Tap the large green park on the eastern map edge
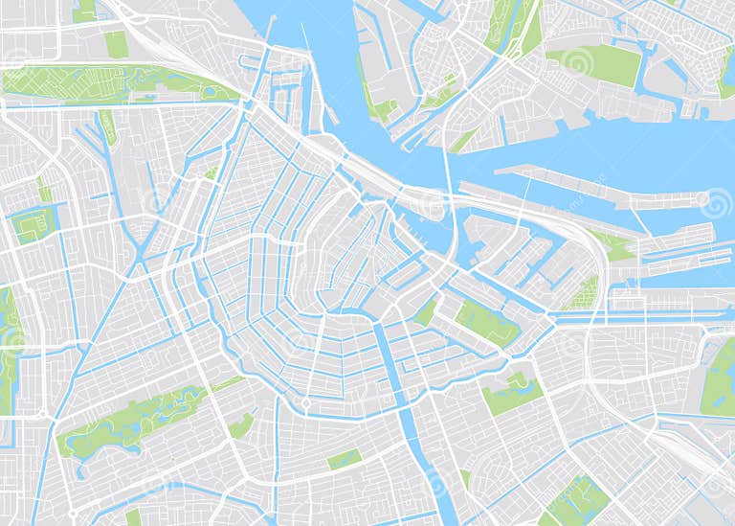click(x=720, y=378)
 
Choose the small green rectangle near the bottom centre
click(x=345, y=460)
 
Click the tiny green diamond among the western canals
click(x=212, y=173)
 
